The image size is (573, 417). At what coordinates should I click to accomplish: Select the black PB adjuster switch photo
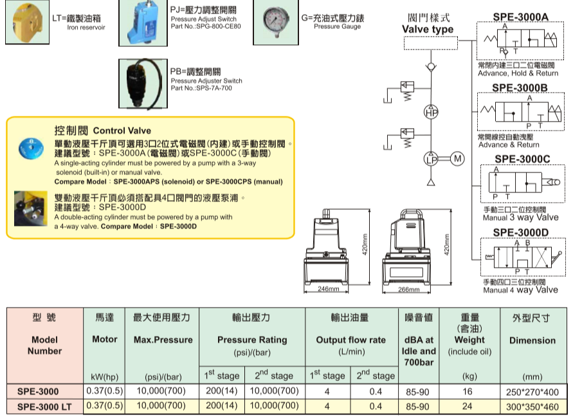click(139, 84)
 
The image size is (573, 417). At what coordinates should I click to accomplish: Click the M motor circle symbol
click(457, 158)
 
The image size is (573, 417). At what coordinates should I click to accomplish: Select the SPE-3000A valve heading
click(521, 16)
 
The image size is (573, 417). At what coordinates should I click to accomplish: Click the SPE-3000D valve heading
click(521, 232)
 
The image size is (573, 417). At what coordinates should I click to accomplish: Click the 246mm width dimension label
click(329, 289)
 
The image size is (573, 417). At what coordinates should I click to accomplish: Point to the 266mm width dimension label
click(409, 289)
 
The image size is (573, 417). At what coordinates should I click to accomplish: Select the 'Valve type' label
click(428, 29)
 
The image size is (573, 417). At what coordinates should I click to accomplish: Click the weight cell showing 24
click(468, 406)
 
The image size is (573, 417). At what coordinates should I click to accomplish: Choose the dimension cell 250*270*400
click(532, 391)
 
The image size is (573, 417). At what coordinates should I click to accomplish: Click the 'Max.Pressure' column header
click(163, 340)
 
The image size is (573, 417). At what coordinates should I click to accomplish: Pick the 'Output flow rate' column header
click(350, 340)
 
